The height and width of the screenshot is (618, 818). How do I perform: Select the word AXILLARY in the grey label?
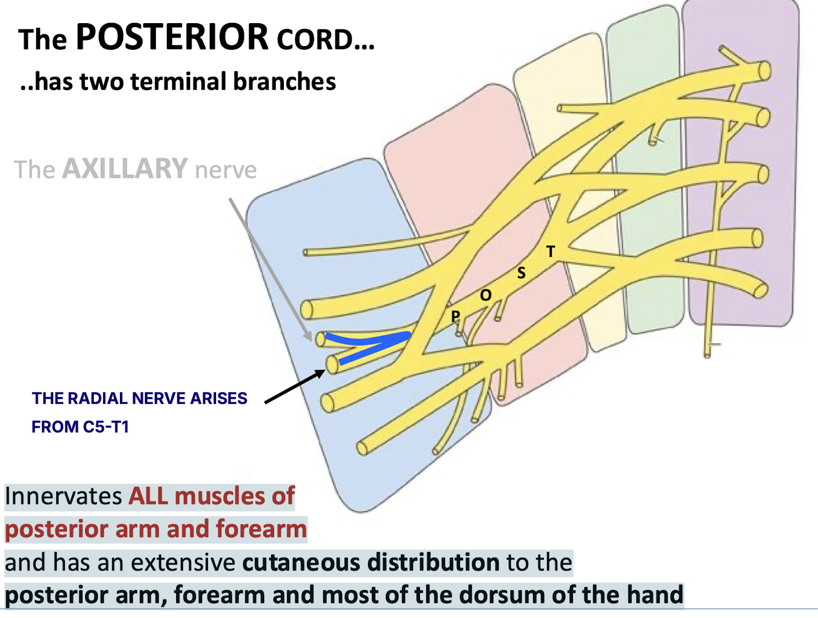click(x=125, y=169)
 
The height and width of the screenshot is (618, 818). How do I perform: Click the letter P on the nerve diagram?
click(x=455, y=316)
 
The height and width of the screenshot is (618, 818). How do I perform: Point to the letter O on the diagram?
click(x=485, y=295)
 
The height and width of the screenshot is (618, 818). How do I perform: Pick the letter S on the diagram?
click(x=521, y=273)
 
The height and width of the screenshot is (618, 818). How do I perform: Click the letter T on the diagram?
click(x=550, y=251)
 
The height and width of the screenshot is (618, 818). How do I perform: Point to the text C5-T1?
click(x=106, y=427)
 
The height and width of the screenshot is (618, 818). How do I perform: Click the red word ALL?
click(x=149, y=496)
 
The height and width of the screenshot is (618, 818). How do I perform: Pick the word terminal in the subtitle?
click(x=180, y=82)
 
